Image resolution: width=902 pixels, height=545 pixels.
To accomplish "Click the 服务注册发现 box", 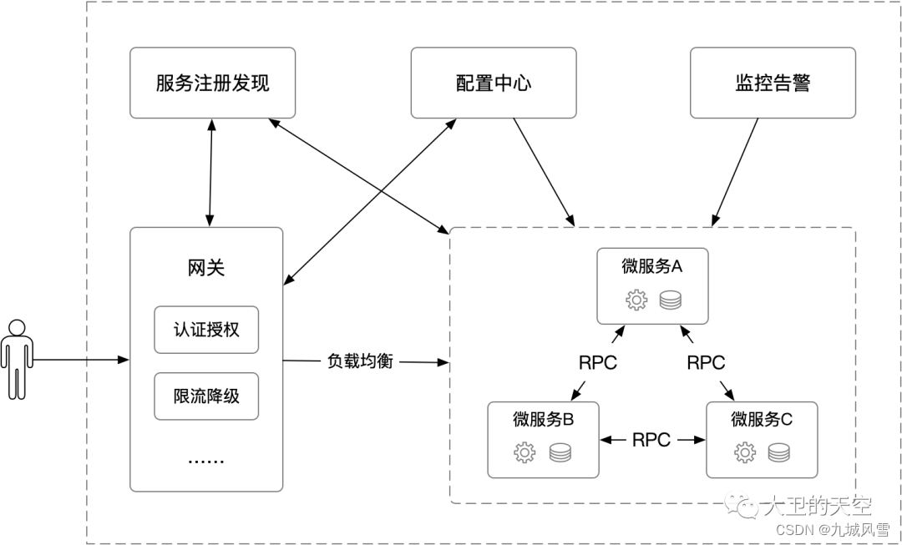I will click(x=212, y=83).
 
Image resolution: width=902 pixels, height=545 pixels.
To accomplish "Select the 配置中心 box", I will click(x=493, y=83).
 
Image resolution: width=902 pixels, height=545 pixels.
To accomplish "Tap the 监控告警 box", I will click(x=773, y=83).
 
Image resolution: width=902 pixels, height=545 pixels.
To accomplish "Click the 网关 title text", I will click(x=206, y=268).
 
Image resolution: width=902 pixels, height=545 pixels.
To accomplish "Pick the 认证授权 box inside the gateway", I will click(x=206, y=330).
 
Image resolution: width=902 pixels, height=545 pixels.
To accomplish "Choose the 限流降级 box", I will click(x=206, y=396).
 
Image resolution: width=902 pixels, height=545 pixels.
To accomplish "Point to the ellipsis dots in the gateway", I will click(x=205, y=460).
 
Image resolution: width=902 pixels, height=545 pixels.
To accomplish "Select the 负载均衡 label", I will click(x=359, y=361).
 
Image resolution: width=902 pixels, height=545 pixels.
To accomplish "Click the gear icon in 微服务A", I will click(x=636, y=300).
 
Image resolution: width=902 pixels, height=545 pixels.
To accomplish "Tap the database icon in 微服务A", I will click(x=670, y=300).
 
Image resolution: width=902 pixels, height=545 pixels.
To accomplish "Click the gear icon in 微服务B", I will click(x=524, y=452).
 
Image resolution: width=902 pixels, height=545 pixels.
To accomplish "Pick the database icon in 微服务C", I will click(x=778, y=452).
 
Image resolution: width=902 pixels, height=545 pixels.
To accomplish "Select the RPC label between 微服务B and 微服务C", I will click(x=651, y=440).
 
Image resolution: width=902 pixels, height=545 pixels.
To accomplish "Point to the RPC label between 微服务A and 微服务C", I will click(x=706, y=363).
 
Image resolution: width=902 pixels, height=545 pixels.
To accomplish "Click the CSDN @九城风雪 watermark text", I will click(x=832, y=528).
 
